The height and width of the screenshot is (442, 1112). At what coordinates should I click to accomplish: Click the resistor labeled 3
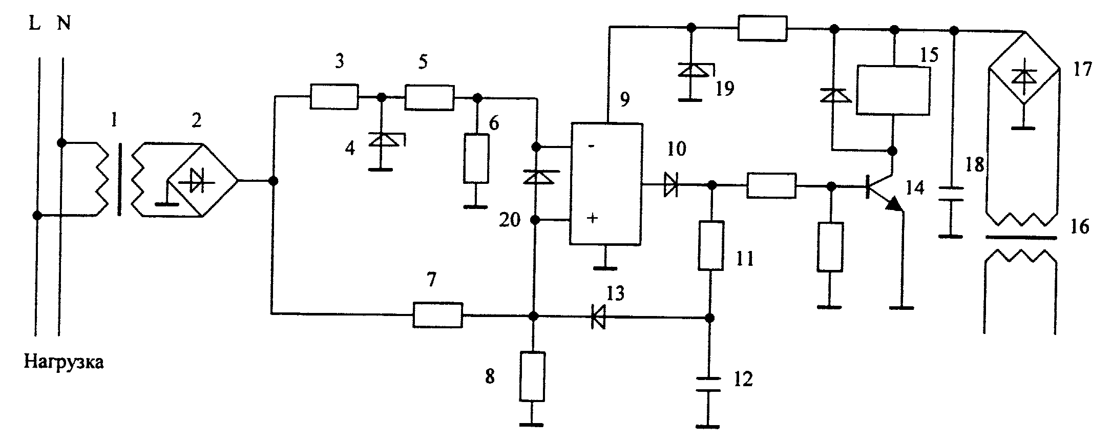[x=334, y=97]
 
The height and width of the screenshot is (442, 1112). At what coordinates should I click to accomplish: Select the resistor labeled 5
[x=429, y=97]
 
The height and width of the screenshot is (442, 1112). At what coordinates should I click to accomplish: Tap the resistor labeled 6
[x=476, y=158]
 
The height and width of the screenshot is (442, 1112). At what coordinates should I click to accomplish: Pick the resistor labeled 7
[x=438, y=315]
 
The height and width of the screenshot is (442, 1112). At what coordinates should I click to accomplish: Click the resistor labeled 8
[x=532, y=376]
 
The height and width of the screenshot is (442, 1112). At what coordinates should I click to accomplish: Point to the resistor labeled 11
[x=711, y=246]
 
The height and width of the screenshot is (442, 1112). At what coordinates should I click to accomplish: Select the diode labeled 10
[x=670, y=185]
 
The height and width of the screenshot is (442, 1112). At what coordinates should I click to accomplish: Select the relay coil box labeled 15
[x=893, y=90]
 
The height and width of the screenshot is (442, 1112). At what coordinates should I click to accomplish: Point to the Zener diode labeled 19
[x=691, y=71]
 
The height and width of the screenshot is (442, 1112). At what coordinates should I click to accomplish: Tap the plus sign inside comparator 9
[x=592, y=219]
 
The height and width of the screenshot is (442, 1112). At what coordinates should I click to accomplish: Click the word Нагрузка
[x=64, y=363]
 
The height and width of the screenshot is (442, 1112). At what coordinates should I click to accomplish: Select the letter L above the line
[x=34, y=24]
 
